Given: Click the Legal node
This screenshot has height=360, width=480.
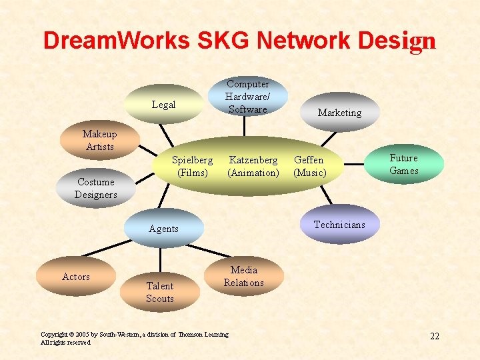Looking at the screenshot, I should click(x=164, y=105).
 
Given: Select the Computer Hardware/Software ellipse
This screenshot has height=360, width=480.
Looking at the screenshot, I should click(x=247, y=97).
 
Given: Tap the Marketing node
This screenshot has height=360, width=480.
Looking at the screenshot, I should click(x=339, y=112).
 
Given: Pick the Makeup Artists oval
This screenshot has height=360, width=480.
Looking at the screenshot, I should click(x=99, y=140).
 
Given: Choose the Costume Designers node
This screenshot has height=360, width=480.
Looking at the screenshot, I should click(x=96, y=188).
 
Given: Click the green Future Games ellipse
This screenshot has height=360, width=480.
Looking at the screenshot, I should click(x=404, y=164).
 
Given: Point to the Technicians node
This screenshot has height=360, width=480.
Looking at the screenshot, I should click(x=339, y=225).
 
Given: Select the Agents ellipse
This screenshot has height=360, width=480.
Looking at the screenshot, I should click(x=164, y=229).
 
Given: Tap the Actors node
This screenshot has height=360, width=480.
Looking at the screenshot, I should click(x=76, y=277).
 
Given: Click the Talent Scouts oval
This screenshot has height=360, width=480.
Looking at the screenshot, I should click(x=160, y=292).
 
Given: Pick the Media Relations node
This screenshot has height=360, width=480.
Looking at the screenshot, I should click(x=243, y=276).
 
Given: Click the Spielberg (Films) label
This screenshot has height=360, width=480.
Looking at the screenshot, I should click(x=192, y=166).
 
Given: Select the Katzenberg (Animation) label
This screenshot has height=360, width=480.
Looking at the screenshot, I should click(x=253, y=166).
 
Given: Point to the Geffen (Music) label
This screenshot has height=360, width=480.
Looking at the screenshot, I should click(x=309, y=166).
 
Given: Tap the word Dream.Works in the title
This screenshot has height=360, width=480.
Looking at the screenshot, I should click(x=117, y=41).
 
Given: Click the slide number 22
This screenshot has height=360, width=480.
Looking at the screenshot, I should click(x=435, y=336).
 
